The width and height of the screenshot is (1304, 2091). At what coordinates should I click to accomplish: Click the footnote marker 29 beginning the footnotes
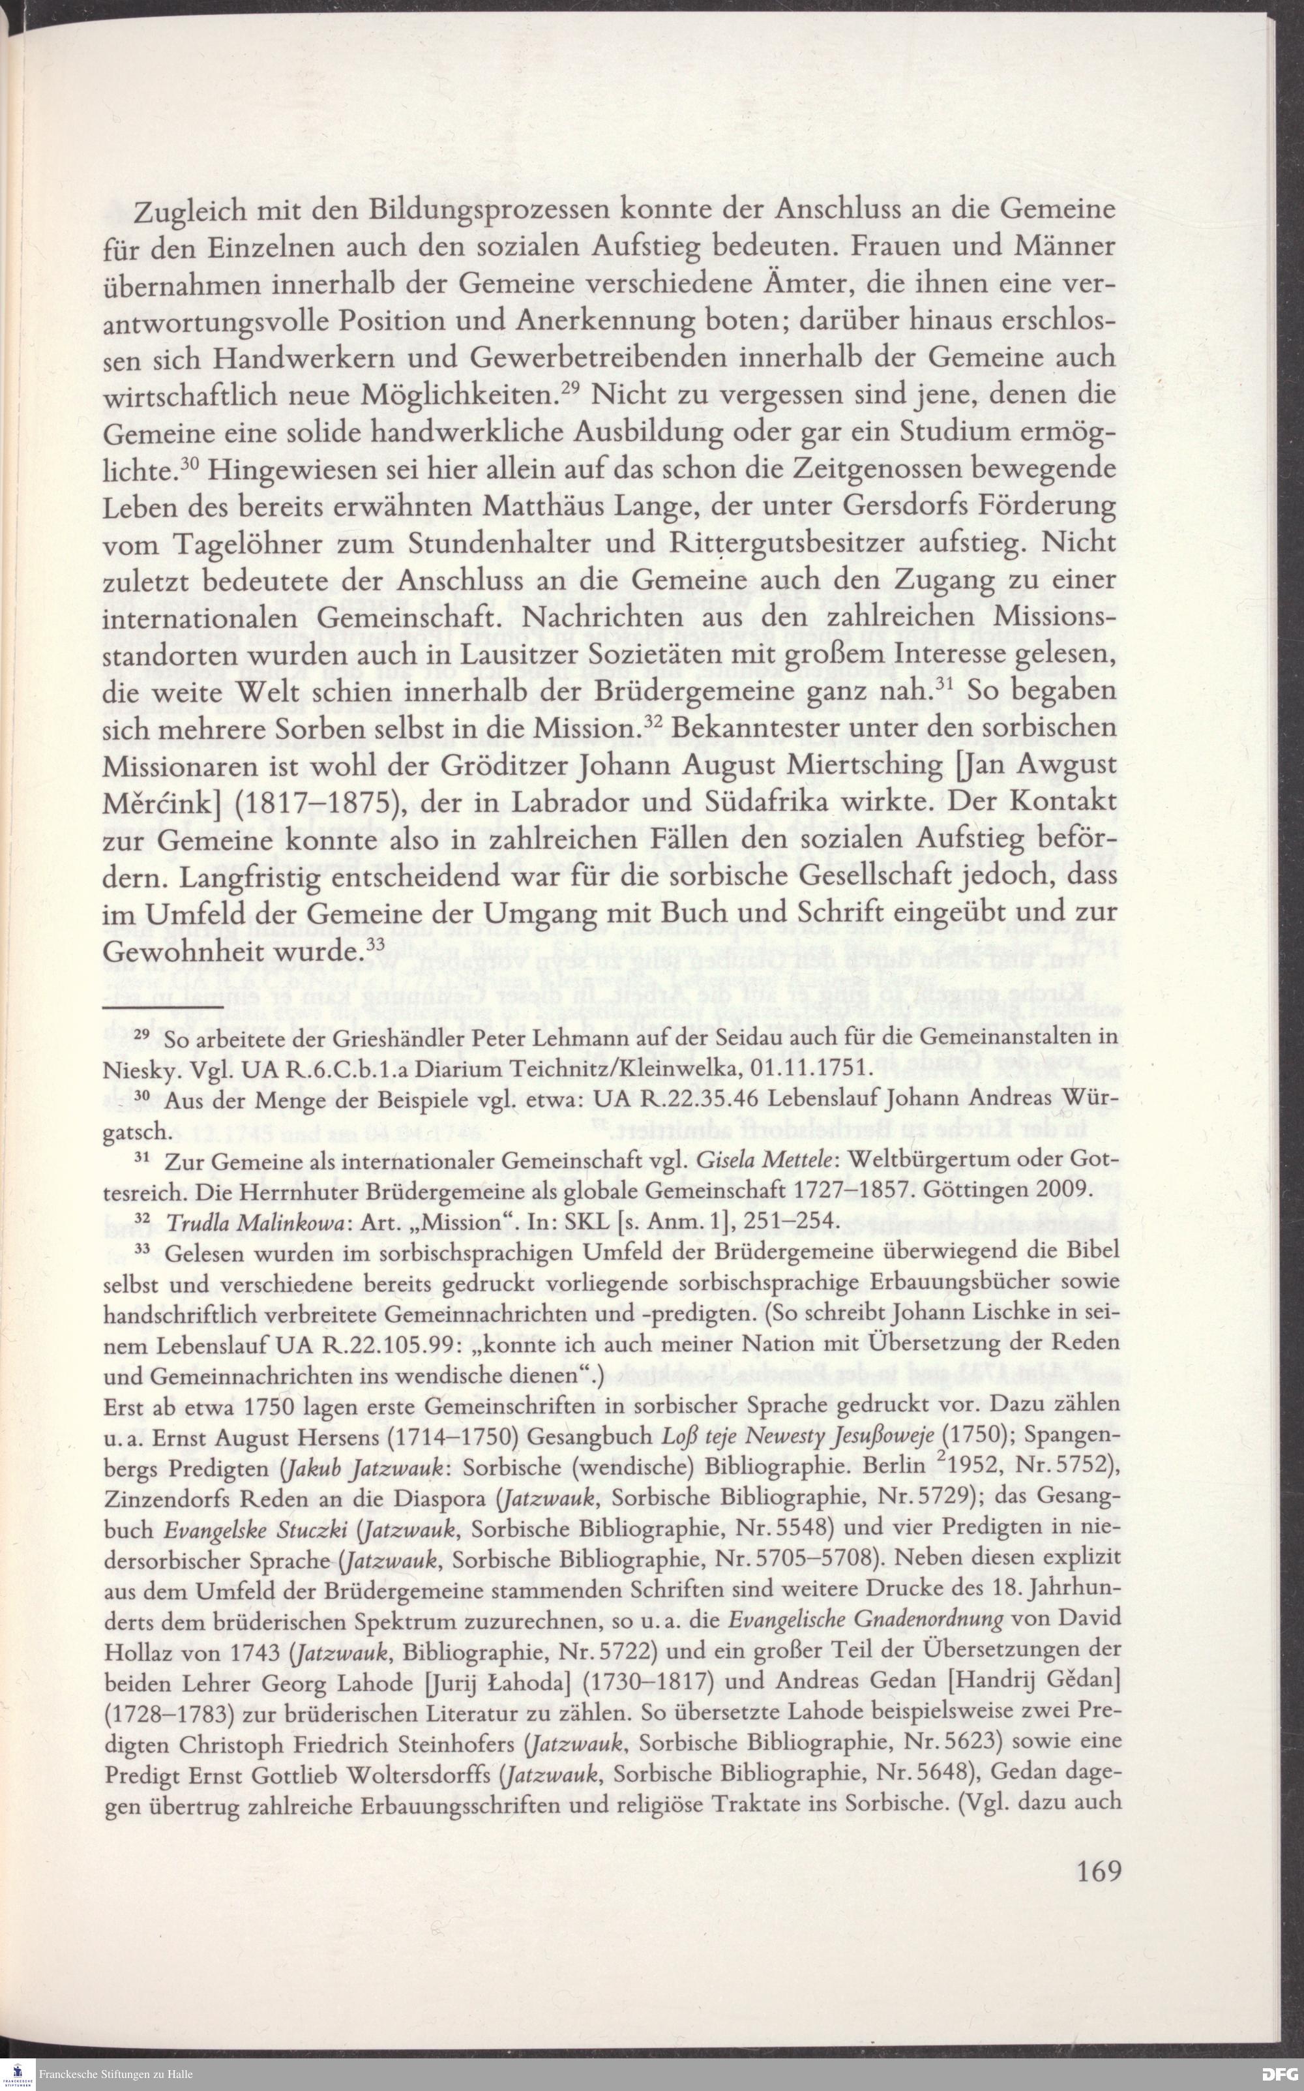[145, 1032]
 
